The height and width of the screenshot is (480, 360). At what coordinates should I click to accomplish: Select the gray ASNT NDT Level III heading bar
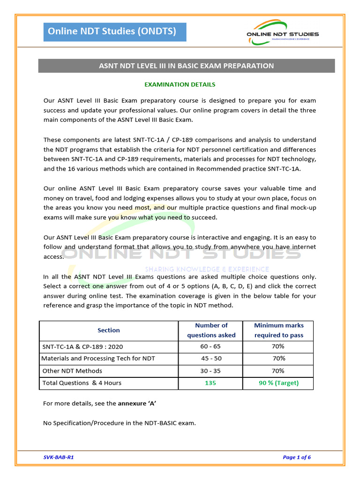(x=186, y=66)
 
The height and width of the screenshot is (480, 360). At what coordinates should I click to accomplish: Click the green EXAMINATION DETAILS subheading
(x=180, y=85)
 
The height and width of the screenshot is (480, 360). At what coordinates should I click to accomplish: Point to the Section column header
(x=108, y=330)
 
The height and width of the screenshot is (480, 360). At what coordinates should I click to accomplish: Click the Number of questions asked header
(x=211, y=330)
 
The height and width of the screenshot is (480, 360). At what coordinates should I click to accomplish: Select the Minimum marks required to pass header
(x=278, y=330)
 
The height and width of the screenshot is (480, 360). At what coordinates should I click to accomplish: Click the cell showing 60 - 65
(x=211, y=346)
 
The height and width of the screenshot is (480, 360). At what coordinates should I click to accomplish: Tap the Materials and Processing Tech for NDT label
(x=98, y=359)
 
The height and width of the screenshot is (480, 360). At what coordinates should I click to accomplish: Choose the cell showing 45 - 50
(x=211, y=359)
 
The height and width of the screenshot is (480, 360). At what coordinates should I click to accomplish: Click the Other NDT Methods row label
(x=72, y=371)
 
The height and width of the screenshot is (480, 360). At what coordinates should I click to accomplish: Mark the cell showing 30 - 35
(x=211, y=371)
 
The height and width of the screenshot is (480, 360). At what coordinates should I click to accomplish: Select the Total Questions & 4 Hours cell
(x=82, y=383)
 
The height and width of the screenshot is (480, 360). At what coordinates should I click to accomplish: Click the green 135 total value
(x=210, y=383)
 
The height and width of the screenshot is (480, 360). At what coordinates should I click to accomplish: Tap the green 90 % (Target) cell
(x=278, y=383)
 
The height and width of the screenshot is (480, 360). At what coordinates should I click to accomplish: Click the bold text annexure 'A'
(x=137, y=403)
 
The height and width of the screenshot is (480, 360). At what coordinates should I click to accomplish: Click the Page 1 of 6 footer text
(x=297, y=457)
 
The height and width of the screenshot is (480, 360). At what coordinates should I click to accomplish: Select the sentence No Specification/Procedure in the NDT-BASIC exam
(x=119, y=423)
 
